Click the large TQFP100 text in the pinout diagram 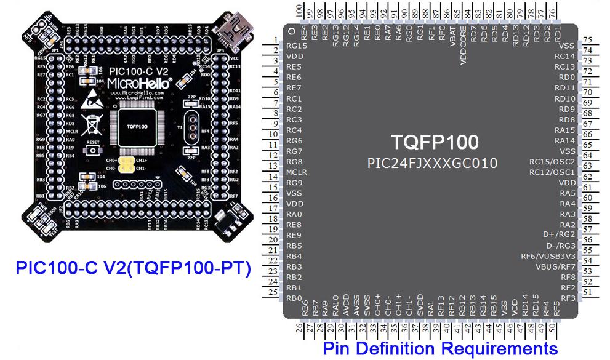pos(435,142)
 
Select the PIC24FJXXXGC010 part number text pos(432,164)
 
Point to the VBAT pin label pos(453,45)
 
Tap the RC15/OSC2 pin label pos(552,162)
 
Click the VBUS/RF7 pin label pos(555,266)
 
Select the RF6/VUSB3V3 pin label pos(548,256)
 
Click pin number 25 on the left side pos(274,293)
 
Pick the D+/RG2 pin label pos(559,234)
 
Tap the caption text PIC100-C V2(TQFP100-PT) pos(134,269)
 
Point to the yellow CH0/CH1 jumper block pos(126,164)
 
